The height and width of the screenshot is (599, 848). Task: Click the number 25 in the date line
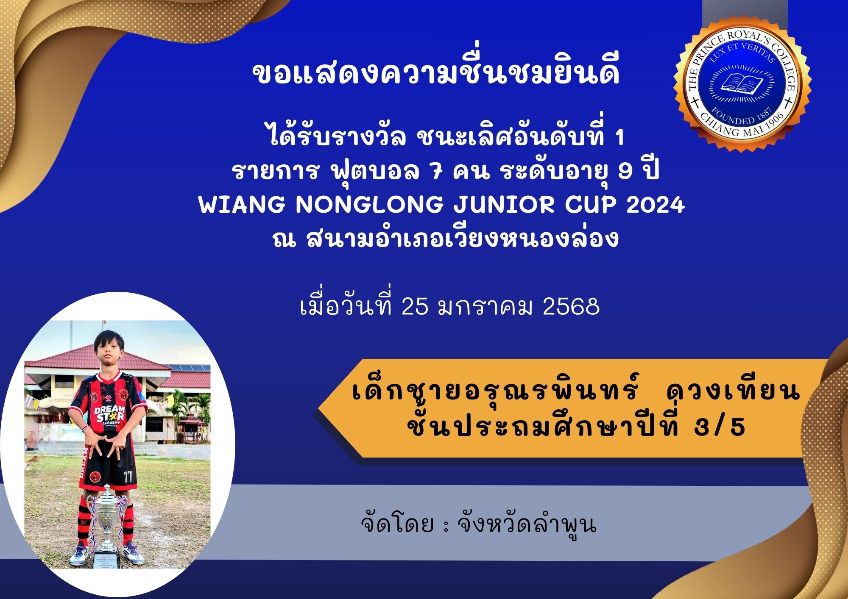pyautogui.click(x=416, y=306)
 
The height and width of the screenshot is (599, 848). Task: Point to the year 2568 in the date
pyautogui.click(x=571, y=306)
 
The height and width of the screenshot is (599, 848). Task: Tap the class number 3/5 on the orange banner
pyautogui.click(x=720, y=427)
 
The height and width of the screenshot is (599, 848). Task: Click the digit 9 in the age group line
pyautogui.click(x=625, y=172)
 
